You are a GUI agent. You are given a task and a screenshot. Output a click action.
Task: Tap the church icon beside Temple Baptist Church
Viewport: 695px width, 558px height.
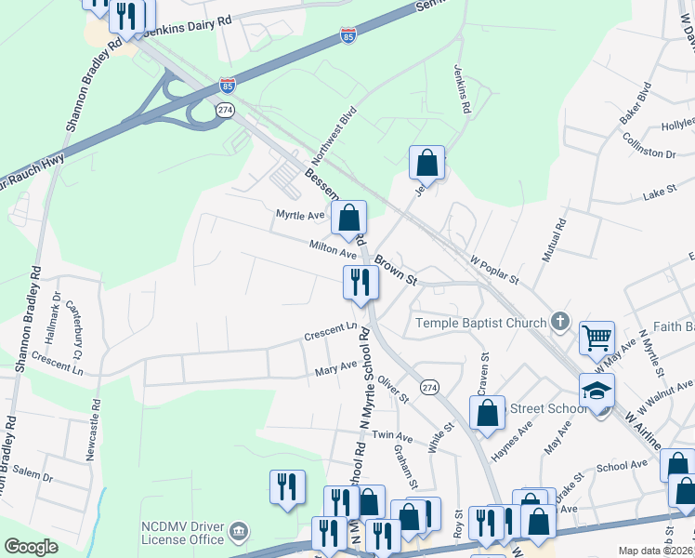558,322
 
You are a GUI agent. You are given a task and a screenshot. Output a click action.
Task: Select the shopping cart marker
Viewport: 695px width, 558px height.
597,338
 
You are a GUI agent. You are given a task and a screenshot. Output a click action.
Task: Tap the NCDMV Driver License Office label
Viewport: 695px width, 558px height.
182,533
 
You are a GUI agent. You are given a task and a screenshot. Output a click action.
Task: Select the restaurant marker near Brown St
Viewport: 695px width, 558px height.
361,282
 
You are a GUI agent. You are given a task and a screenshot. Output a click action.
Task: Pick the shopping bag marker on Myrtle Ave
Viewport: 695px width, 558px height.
348,219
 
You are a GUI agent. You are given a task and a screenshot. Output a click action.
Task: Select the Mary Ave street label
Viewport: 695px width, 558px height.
335,369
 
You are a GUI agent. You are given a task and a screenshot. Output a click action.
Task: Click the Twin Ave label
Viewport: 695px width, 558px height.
392,436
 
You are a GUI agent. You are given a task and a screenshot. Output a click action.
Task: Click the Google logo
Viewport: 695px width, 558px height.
31,547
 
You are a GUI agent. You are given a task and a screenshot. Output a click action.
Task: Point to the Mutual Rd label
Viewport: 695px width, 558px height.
560,239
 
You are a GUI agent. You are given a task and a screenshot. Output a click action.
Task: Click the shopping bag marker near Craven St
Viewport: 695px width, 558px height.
487,412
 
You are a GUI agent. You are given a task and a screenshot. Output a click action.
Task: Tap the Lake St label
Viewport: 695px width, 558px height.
656,197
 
